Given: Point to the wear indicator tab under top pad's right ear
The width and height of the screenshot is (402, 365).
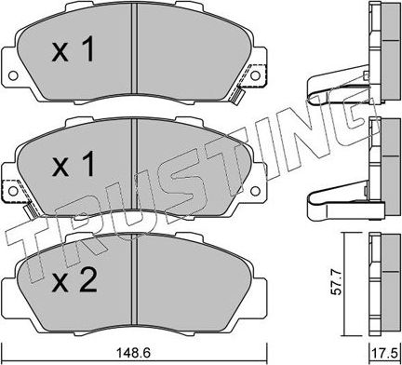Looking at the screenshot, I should pos(238,94).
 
